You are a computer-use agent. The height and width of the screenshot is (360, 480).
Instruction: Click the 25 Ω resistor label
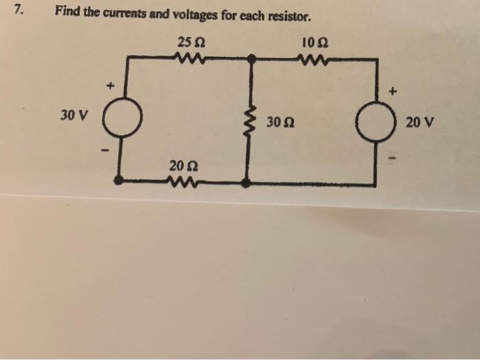pyautogui.click(x=189, y=44)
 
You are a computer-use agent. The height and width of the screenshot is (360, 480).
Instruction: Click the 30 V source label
pyautogui.click(x=73, y=115)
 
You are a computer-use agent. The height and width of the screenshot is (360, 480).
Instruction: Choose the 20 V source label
pyautogui.click(x=420, y=124)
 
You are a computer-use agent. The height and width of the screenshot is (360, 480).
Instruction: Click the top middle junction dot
pyautogui.click(x=252, y=60)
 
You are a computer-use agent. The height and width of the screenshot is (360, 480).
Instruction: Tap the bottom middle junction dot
pyautogui.click(x=247, y=182)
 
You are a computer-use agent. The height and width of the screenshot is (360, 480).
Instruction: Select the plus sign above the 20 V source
pyautogui.click(x=392, y=90)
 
